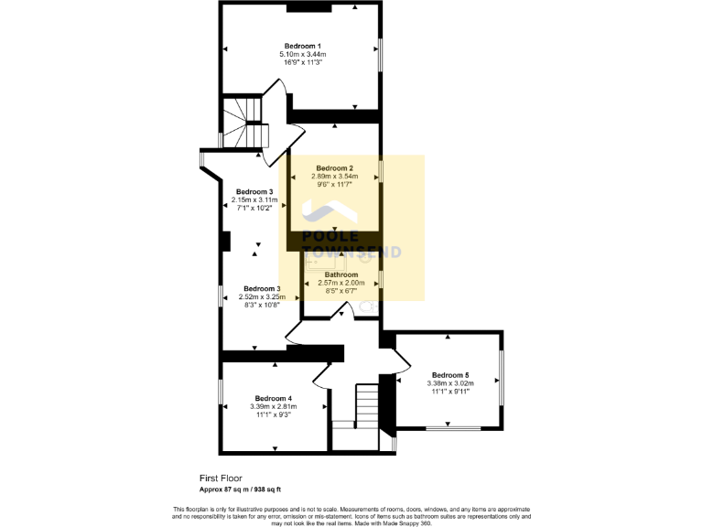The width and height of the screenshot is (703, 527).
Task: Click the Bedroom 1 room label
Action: coord(302,46)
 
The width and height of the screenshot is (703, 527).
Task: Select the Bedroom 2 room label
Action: coord(334,168)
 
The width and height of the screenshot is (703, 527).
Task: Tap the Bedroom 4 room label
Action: coord(274,398)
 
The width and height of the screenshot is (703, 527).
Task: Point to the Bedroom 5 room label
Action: coord(450,375)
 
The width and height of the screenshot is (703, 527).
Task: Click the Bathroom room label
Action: coord(341,274)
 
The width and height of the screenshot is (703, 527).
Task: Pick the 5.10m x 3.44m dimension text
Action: coord(302,55)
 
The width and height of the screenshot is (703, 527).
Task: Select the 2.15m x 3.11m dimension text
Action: coord(253,199)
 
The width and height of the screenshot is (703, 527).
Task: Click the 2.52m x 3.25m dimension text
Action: coord(262,296)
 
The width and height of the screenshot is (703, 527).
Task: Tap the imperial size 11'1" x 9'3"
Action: coord(274,414)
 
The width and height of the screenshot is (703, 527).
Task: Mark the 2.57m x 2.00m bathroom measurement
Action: coord(341,283)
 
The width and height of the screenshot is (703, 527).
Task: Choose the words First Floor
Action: coord(221,479)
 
